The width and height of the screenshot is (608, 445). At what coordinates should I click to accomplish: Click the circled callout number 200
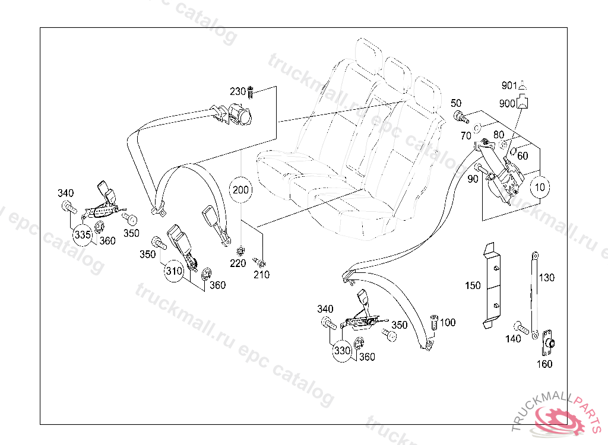(241, 190)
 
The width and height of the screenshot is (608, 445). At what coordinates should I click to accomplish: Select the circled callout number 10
(540, 187)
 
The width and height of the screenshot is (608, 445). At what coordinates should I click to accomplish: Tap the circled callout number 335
(83, 235)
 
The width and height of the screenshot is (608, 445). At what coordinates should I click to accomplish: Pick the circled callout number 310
(174, 271)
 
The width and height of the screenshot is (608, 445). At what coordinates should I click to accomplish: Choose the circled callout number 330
(342, 350)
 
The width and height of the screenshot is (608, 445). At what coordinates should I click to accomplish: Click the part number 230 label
(237, 91)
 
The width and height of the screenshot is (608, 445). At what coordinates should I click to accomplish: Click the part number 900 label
(507, 103)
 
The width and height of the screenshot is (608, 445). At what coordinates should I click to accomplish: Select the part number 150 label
(473, 286)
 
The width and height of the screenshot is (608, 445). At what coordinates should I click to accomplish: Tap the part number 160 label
(544, 364)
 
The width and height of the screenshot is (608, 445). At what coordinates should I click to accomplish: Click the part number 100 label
(448, 322)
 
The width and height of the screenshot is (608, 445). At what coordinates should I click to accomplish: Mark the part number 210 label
(261, 274)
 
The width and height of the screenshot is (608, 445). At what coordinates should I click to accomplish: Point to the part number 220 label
(237, 263)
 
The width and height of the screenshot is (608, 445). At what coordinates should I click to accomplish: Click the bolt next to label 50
(459, 116)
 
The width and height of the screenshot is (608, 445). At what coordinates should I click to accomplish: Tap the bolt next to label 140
(522, 326)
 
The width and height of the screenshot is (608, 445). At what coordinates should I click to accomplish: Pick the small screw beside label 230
(251, 92)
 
